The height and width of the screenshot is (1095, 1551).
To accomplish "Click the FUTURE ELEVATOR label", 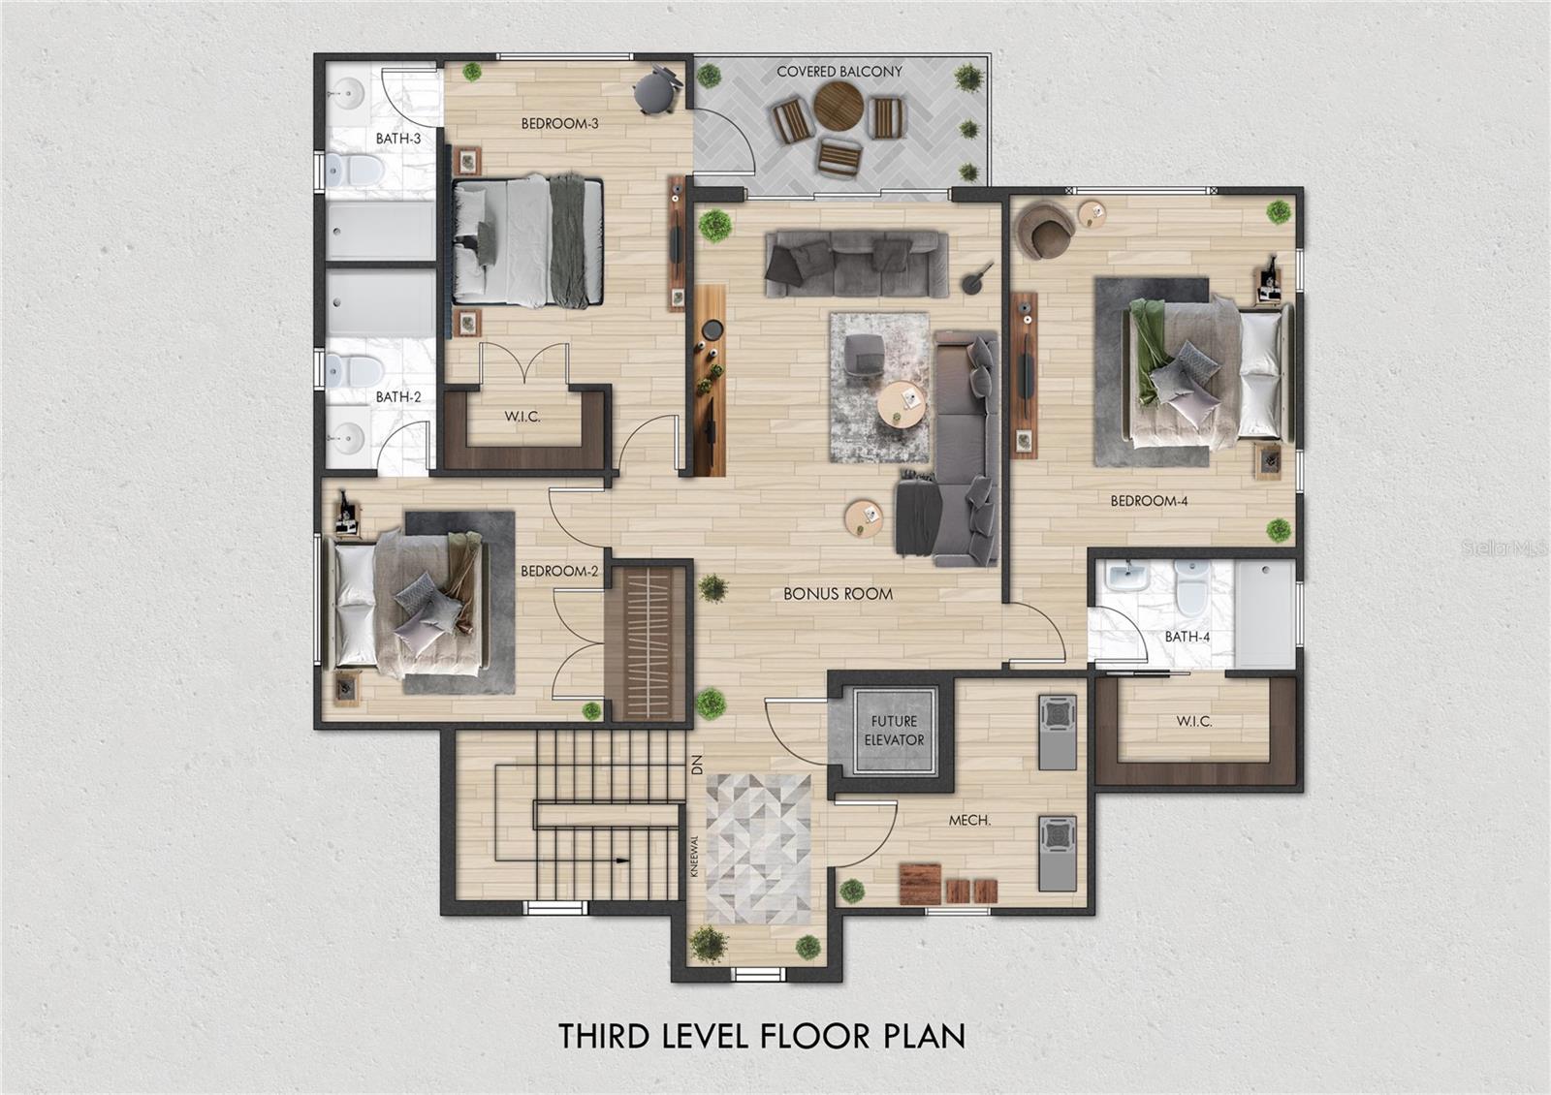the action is click(x=893, y=731).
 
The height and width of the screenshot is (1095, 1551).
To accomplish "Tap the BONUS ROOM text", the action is click(x=838, y=594).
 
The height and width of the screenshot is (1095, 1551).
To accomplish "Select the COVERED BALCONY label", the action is click(x=839, y=72).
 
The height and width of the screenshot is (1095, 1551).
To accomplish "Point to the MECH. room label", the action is click(x=969, y=820).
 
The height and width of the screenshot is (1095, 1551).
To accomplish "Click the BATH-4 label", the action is click(x=1187, y=637).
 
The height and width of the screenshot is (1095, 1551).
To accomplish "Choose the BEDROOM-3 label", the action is click(x=559, y=124).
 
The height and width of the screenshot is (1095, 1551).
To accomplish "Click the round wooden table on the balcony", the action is click(x=838, y=106).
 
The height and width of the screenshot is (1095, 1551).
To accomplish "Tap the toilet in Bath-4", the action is click(x=1191, y=588).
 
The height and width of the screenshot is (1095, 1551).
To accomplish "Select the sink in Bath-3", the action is click(x=349, y=91).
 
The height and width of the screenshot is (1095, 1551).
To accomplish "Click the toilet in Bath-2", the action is click(x=353, y=372).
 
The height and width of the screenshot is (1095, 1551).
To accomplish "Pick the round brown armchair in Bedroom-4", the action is click(x=1045, y=230).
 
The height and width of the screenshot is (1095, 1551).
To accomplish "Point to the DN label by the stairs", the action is click(x=697, y=765).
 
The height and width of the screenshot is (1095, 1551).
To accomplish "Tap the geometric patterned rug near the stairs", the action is click(x=757, y=849).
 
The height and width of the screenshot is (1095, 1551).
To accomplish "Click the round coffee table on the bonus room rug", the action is click(x=902, y=405).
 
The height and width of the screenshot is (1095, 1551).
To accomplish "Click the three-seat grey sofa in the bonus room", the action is click(x=857, y=263).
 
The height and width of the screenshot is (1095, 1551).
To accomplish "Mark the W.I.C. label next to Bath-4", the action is click(x=1193, y=721).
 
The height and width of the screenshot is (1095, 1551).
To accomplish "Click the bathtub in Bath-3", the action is click(x=381, y=231).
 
